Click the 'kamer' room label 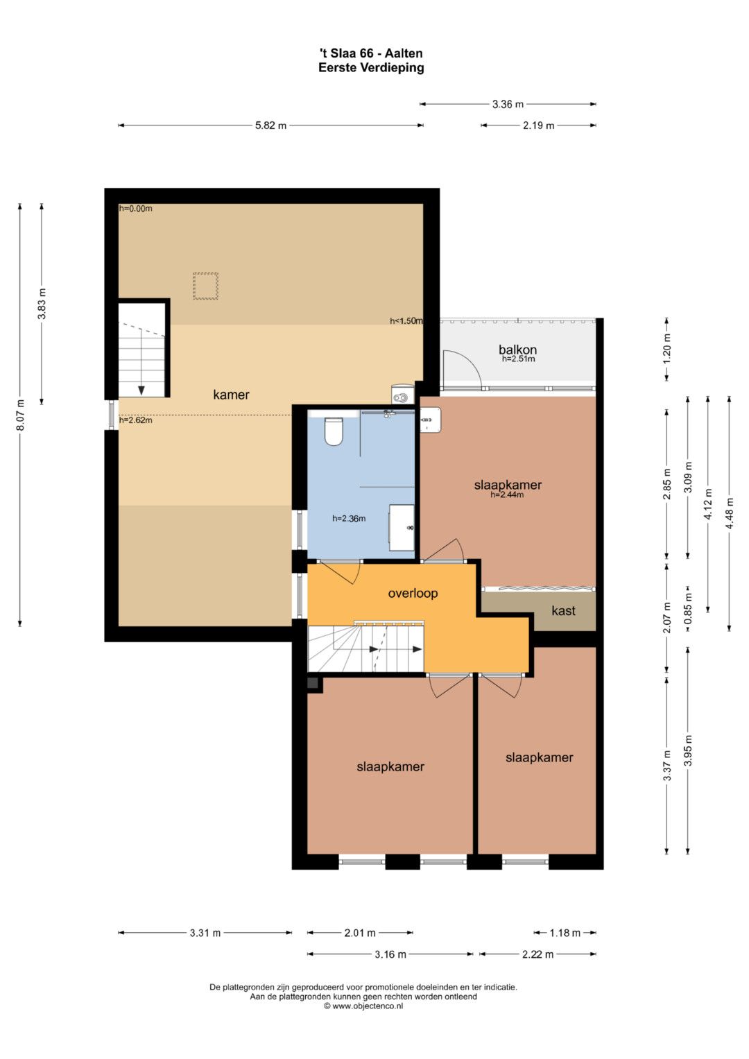231,395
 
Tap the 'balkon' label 517,350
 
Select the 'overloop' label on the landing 413,593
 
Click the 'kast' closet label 563,610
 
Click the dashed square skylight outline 206,286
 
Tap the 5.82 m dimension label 271,126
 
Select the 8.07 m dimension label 20,415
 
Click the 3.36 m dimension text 508,104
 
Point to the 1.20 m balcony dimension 666,348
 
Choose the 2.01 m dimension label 360,933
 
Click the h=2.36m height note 349,518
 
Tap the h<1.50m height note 406,320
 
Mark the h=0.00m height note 136,209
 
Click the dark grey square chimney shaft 313,682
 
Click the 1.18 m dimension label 565,933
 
